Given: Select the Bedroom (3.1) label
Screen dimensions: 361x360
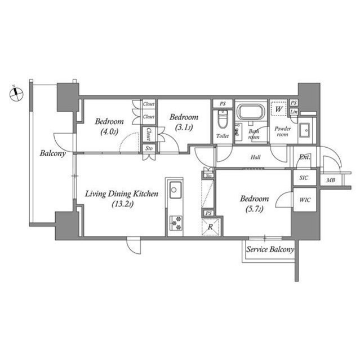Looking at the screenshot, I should (x=184, y=122).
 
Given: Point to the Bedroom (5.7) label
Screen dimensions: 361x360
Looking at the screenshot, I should (x=254, y=203).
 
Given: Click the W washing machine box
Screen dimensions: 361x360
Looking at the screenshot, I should (x=279, y=108).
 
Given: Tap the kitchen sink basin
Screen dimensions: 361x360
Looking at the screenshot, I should (x=174, y=189).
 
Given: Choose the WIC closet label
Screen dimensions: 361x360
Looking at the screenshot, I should (x=305, y=200).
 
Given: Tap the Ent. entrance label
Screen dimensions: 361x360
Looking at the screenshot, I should (x=305, y=157).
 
